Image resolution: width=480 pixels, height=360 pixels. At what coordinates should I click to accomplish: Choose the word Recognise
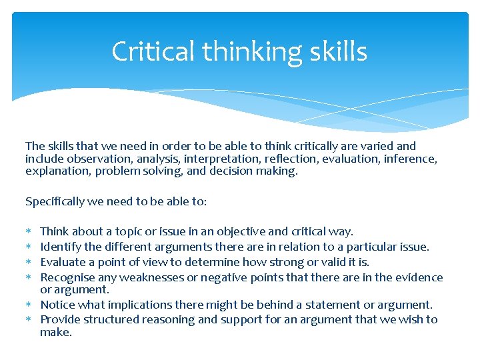pos(67,277)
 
